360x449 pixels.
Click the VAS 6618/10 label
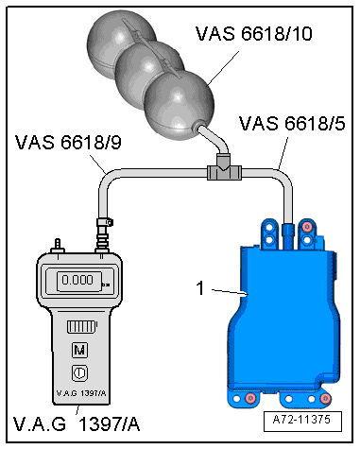pyautogui.click(x=254, y=33)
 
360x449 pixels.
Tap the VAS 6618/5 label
pyautogui.click(x=292, y=123)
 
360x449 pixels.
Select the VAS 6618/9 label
pyautogui.click(x=68, y=142)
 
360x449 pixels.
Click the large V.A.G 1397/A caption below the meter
pyautogui.click(x=77, y=423)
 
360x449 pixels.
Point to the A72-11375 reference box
pyautogui.click(x=302, y=421)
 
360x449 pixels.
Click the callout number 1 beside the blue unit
pyautogui.click(x=200, y=288)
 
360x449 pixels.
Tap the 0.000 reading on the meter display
pyautogui.click(x=77, y=280)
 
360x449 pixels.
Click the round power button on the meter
pyautogui.click(x=79, y=373)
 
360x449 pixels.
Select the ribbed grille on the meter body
pyautogui.click(x=81, y=326)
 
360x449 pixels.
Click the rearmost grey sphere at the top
pyautogui.click(x=121, y=43)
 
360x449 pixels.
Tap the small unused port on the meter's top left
pyautogui.click(x=58, y=246)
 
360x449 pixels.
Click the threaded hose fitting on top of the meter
pyautogui.click(x=103, y=234)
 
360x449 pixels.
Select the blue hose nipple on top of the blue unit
pyautogui.click(x=288, y=235)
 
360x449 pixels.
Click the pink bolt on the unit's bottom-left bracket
pyautogui.click(x=250, y=399)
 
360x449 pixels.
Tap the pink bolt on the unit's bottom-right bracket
pyautogui.click(x=325, y=399)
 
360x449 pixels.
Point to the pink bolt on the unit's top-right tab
pyautogui.click(x=306, y=227)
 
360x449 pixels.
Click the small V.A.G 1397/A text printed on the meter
pyautogui.click(x=81, y=393)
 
